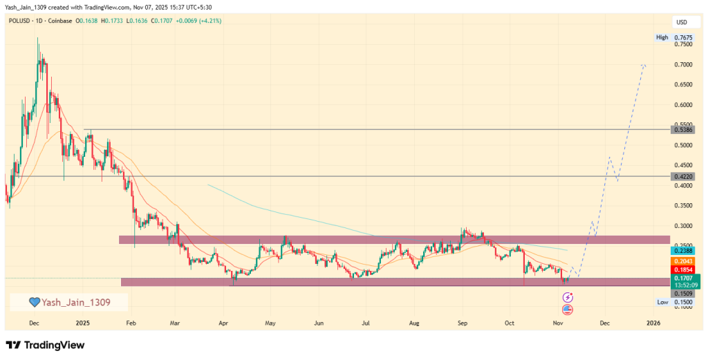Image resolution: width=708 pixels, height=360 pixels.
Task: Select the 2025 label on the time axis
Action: (83, 323)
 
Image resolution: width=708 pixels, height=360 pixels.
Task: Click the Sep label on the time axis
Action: (463, 323)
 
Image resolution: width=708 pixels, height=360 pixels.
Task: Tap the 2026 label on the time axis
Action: (653, 323)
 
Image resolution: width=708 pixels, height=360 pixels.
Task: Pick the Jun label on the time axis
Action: (319, 323)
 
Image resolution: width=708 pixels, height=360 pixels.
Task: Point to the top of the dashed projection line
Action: (644, 64)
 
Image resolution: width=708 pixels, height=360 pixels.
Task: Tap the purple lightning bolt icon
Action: (568, 297)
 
